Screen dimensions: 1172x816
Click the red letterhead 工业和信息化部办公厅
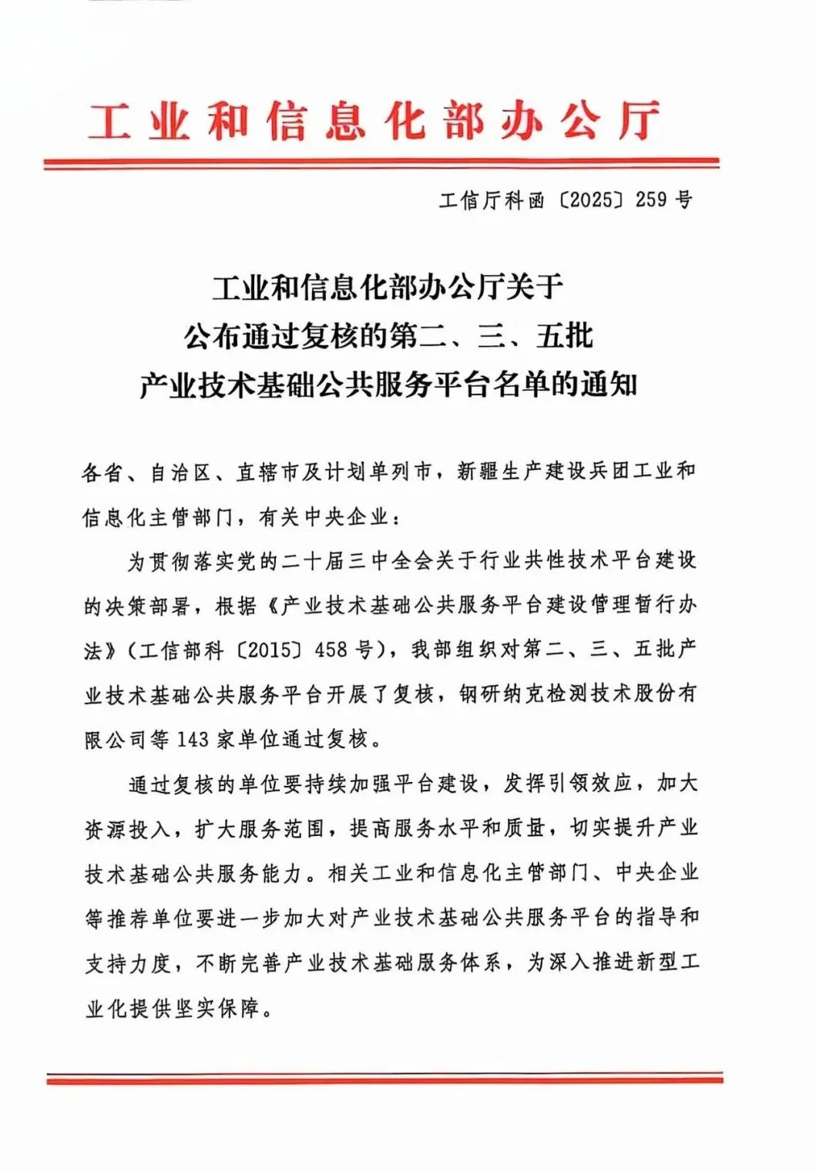[374, 122]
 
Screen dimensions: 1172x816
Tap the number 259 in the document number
[651, 200]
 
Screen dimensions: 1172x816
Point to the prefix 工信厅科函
[492, 200]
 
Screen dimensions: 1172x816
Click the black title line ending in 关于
[388, 287]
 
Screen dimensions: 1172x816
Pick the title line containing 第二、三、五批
[388, 335]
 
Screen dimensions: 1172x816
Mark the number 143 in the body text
[193, 739]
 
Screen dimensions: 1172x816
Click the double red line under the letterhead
[381, 163]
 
